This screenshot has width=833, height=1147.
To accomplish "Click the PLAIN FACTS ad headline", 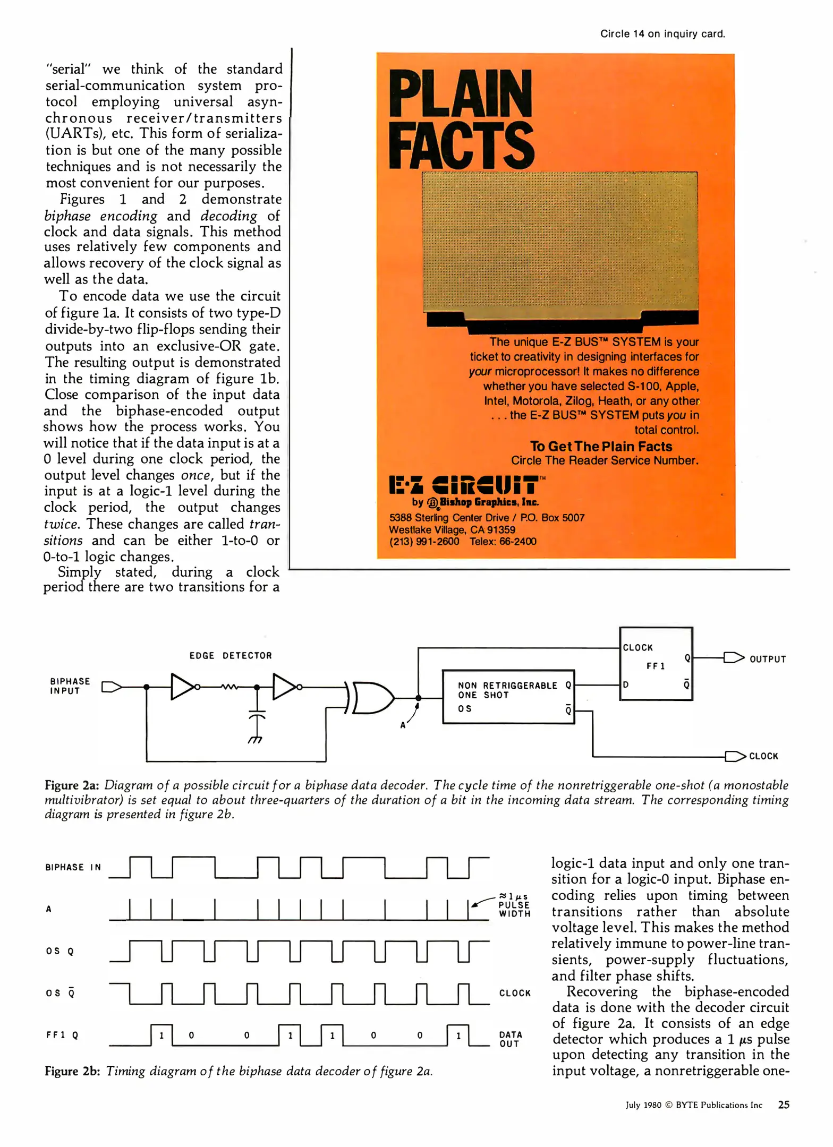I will pos(461,119).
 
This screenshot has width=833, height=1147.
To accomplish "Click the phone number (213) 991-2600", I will pos(424,541).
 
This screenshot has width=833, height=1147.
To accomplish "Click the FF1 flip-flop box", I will pos(656,664).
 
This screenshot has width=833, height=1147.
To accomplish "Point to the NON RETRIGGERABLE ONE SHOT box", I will pos(508,696).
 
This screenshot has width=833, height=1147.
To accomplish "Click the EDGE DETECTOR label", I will pos(231,655).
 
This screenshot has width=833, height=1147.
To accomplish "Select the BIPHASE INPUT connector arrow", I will pos(111,687).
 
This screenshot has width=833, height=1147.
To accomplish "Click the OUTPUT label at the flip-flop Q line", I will pos(767,659).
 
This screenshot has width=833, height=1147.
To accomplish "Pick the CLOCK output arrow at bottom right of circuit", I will pos(735,756).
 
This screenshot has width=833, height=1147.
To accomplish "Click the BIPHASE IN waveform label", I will pos(73,867).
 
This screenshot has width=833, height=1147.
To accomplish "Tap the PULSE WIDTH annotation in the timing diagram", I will pos(514,905).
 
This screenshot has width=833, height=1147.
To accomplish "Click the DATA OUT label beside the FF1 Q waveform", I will pos(510,1039).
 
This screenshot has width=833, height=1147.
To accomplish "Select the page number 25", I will pos(783,1105).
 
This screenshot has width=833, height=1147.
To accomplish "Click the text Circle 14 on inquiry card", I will pos(662,34).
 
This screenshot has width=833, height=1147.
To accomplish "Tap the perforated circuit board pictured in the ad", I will pos(559,242).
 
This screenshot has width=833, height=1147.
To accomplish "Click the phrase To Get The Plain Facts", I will pos(600,446).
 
